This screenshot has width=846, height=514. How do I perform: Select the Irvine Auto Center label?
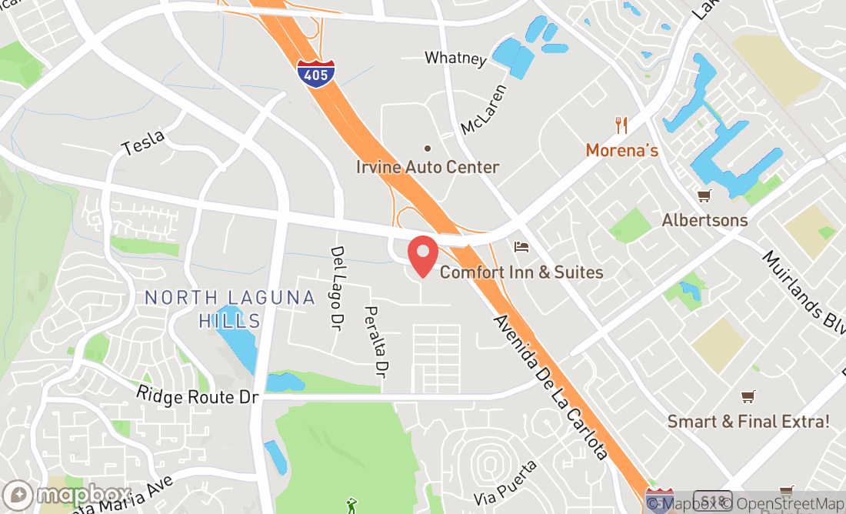tap(428, 167)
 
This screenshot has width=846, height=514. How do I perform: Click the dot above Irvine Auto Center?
tap(428, 149)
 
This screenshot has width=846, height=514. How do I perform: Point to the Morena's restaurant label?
tap(621, 150)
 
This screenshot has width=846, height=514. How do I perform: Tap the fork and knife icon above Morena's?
tap(621, 125)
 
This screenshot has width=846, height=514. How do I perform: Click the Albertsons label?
tap(704, 220)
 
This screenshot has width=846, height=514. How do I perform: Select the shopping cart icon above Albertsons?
tap(704, 195)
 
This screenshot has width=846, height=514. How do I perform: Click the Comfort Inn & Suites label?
tap(521, 272)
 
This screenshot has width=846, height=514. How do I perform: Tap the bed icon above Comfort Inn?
tap(521, 247)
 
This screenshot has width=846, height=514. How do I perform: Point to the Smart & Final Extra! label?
tap(748, 421)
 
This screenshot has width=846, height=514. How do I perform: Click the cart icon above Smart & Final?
tap(748, 396)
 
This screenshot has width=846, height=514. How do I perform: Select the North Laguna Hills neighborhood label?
tap(230, 309)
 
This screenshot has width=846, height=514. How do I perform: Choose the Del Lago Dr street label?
tap(337, 284)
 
